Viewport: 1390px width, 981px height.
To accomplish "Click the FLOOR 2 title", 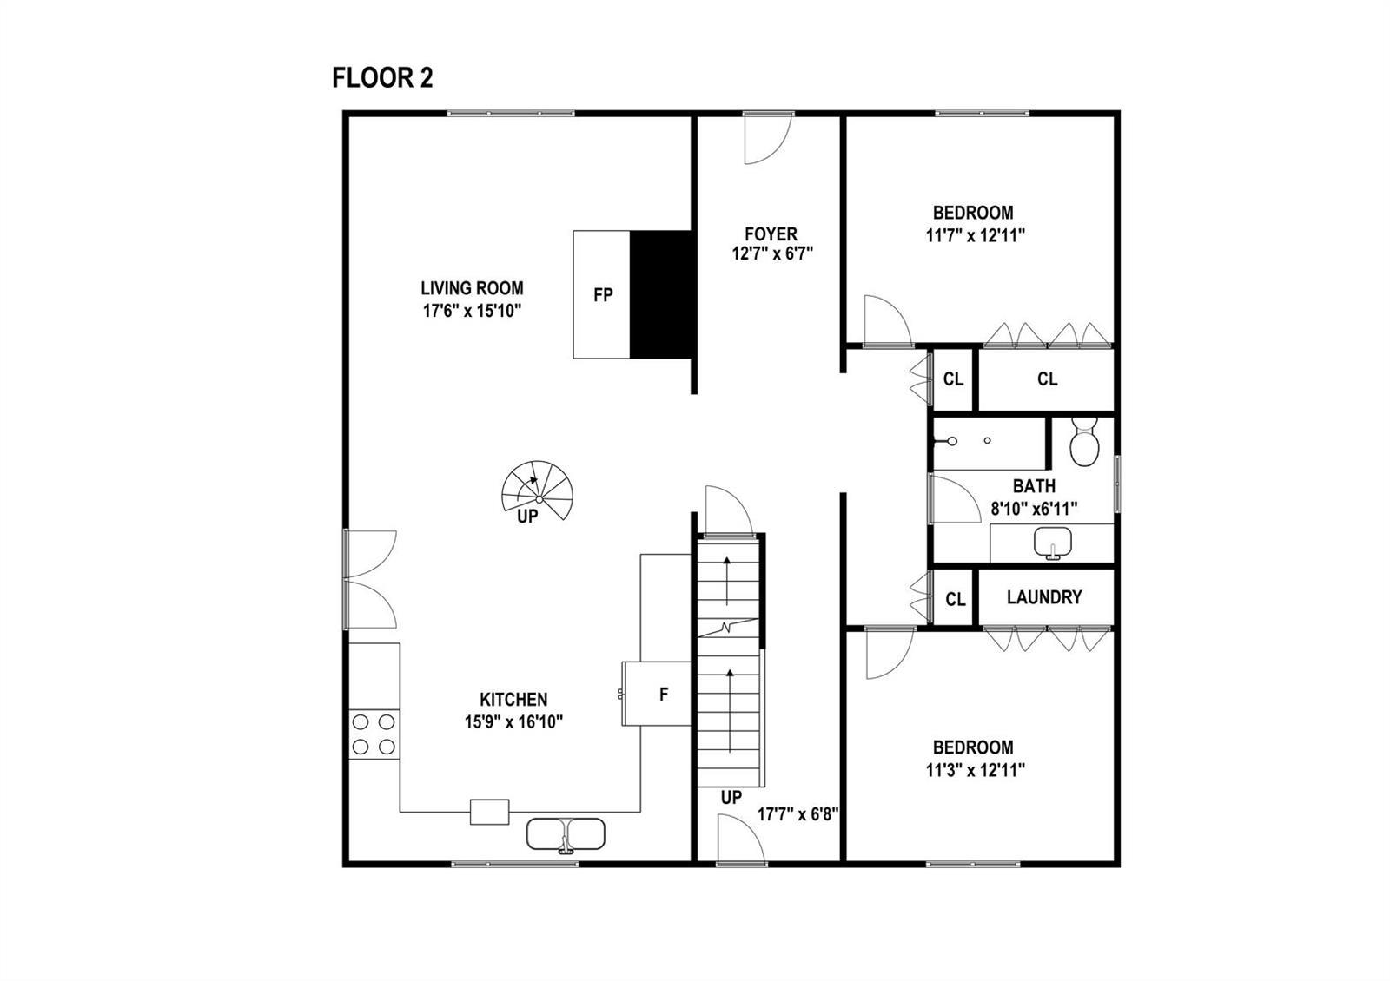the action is tap(382, 78).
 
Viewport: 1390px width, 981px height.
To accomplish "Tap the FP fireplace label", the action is tap(603, 295).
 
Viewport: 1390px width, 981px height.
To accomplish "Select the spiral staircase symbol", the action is tap(539, 490).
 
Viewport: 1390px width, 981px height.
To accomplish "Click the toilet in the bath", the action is tap(1084, 442).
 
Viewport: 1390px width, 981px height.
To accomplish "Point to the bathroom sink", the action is tap(1053, 543).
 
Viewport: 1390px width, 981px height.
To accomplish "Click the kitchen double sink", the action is tap(566, 834).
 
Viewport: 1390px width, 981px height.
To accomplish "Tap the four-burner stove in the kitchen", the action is tap(374, 734).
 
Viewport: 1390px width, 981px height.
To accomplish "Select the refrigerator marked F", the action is tap(657, 694).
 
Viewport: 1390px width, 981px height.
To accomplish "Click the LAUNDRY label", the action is tap(1044, 597).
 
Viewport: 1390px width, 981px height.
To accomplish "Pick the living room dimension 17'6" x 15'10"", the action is tap(473, 311).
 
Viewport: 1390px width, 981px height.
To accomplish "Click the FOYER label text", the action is tap(771, 234).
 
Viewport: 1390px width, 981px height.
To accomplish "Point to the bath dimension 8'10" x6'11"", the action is tap(1034, 509).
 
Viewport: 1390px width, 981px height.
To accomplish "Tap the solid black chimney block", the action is tap(661, 294).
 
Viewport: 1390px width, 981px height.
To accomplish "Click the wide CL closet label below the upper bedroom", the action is tap(1048, 379).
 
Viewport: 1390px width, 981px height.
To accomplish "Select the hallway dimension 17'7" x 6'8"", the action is tap(798, 814).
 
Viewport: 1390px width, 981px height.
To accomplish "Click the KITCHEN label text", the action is tap(513, 700).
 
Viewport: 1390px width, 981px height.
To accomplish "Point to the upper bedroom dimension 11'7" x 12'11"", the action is tap(976, 235).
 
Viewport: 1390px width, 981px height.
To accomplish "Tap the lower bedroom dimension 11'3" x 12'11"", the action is tap(976, 770).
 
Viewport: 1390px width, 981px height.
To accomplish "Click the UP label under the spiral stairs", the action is tap(528, 517).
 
